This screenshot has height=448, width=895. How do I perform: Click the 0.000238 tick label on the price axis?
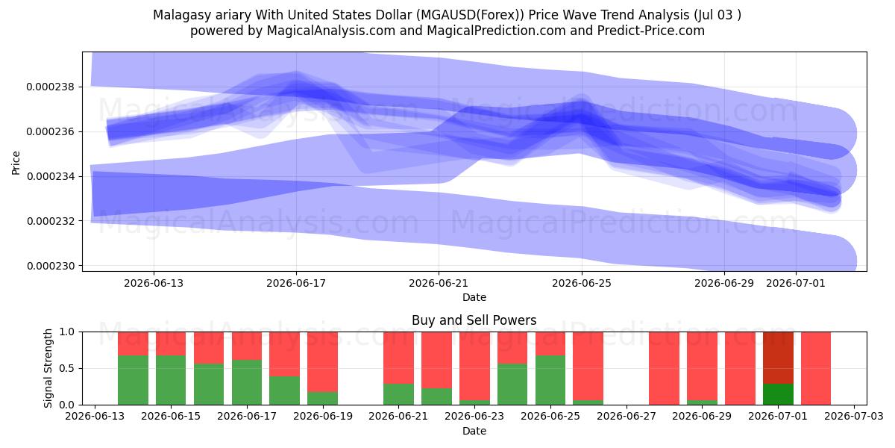click(x=51, y=87)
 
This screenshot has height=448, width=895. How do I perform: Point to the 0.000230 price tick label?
click(x=51, y=266)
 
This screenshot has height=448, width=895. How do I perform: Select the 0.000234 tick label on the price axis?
click(x=51, y=176)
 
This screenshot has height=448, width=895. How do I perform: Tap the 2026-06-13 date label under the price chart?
click(x=154, y=283)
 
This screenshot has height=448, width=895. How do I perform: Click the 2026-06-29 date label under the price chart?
click(x=724, y=283)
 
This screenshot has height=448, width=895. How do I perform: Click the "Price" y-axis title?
click(x=16, y=163)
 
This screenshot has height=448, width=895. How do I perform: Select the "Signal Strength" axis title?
click(x=48, y=368)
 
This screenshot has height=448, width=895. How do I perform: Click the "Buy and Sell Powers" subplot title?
click(x=474, y=320)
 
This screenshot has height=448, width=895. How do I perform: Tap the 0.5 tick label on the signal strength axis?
click(x=66, y=368)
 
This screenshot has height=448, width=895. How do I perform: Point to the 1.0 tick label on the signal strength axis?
click(x=66, y=332)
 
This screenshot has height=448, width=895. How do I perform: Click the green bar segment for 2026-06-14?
click(x=133, y=380)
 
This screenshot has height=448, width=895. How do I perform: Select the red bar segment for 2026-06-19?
click(x=322, y=361)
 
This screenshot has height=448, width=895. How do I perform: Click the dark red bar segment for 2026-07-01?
click(x=778, y=358)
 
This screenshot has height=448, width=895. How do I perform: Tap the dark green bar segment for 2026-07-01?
click(x=778, y=394)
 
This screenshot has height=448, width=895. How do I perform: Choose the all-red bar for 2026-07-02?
click(x=816, y=368)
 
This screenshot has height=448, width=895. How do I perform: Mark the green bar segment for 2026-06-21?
click(x=398, y=394)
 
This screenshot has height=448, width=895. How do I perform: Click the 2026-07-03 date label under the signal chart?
click(x=854, y=416)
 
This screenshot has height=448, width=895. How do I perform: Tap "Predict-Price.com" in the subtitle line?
click(x=651, y=31)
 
